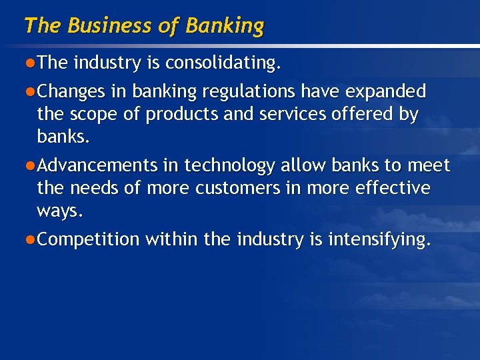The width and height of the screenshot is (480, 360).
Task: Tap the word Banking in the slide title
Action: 225,27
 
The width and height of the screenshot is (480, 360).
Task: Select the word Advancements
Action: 97,165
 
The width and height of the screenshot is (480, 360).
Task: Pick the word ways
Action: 60,212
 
